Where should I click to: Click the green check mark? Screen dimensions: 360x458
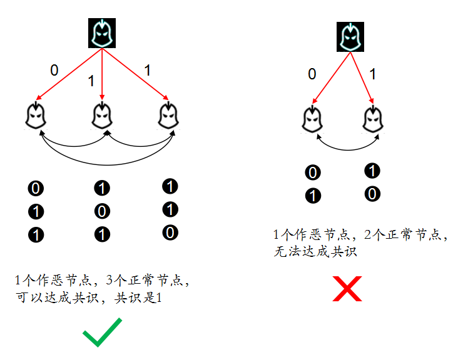[102, 332]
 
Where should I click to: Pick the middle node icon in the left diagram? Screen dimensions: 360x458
[102, 115]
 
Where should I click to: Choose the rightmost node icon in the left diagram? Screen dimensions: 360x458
[168, 115]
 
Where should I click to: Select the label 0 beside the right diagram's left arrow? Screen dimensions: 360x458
[312, 74]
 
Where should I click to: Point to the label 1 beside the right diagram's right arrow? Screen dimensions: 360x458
[373, 74]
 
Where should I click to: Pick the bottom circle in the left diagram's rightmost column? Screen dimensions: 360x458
[170, 233]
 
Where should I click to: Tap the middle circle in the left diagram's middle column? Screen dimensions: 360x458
[101, 211]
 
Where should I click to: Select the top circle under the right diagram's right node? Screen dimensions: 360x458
[372, 171]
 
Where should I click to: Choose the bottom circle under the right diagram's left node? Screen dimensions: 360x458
[313, 196]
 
